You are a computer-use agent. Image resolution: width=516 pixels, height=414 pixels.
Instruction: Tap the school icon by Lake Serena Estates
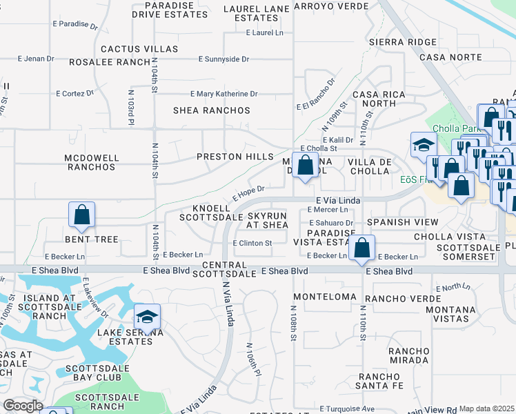[147, 317]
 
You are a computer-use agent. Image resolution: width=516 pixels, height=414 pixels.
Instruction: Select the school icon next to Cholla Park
[423, 145]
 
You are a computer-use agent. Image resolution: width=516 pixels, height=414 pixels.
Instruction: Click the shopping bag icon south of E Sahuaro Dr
[361, 248]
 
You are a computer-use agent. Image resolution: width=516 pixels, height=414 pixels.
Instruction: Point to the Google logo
[23, 406]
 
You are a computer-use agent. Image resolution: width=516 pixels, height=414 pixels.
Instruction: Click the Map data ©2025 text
[486, 408]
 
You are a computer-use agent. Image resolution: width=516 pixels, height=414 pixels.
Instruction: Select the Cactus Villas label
[139, 49]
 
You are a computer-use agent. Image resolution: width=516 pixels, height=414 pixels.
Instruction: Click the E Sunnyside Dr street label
[224, 59]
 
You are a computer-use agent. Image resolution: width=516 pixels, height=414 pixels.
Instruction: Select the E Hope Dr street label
[248, 190]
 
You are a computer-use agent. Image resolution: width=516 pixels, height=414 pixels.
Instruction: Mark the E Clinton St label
[252, 243]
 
